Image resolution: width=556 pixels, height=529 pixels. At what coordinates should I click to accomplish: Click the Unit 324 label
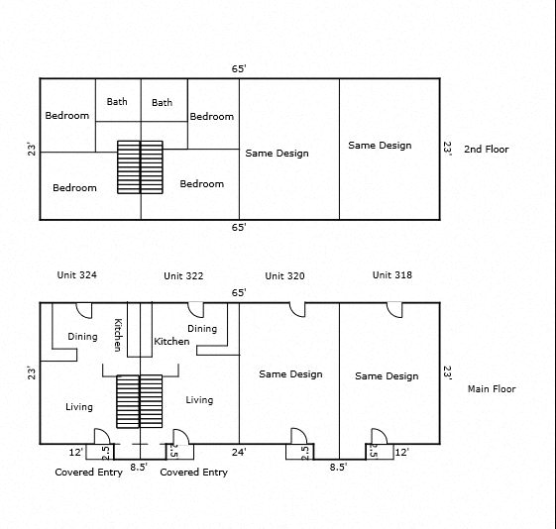(x=77, y=275)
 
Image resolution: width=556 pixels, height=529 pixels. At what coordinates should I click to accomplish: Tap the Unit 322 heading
(x=183, y=276)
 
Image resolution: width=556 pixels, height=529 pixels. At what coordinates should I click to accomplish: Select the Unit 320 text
(x=284, y=276)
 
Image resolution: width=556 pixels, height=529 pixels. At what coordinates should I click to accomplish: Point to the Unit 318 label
(x=392, y=275)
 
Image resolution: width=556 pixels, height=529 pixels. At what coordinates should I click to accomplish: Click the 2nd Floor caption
(x=487, y=150)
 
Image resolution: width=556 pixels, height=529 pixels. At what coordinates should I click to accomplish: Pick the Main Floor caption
(x=492, y=389)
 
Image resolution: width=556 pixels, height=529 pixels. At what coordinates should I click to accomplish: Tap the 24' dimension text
(x=239, y=452)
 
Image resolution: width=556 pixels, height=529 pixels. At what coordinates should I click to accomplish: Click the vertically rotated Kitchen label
(x=118, y=335)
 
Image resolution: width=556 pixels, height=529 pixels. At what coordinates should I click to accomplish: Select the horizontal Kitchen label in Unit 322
(x=171, y=341)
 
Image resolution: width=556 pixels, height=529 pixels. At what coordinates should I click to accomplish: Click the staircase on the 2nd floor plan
(x=140, y=167)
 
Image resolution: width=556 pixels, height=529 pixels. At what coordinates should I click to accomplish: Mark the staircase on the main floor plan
(x=140, y=401)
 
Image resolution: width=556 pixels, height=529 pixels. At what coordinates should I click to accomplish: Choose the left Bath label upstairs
(x=117, y=102)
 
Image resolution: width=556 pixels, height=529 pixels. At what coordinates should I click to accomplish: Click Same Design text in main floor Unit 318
(x=387, y=375)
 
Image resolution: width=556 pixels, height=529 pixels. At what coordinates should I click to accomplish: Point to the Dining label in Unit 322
(x=202, y=329)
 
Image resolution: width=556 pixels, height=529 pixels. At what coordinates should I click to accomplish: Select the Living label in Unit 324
(x=79, y=407)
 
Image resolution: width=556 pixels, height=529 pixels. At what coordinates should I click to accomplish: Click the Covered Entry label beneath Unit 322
(x=193, y=472)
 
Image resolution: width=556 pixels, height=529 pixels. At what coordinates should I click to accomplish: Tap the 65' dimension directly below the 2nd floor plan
(x=239, y=227)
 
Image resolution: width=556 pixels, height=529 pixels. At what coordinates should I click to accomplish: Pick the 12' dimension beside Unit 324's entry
(x=76, y=452)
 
